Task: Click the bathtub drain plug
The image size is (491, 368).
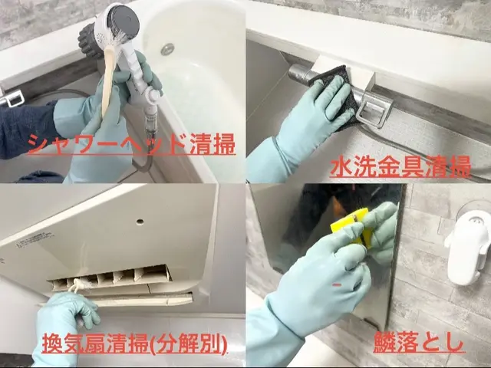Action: pos(167,49)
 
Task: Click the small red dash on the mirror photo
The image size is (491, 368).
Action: pos(336,285)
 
